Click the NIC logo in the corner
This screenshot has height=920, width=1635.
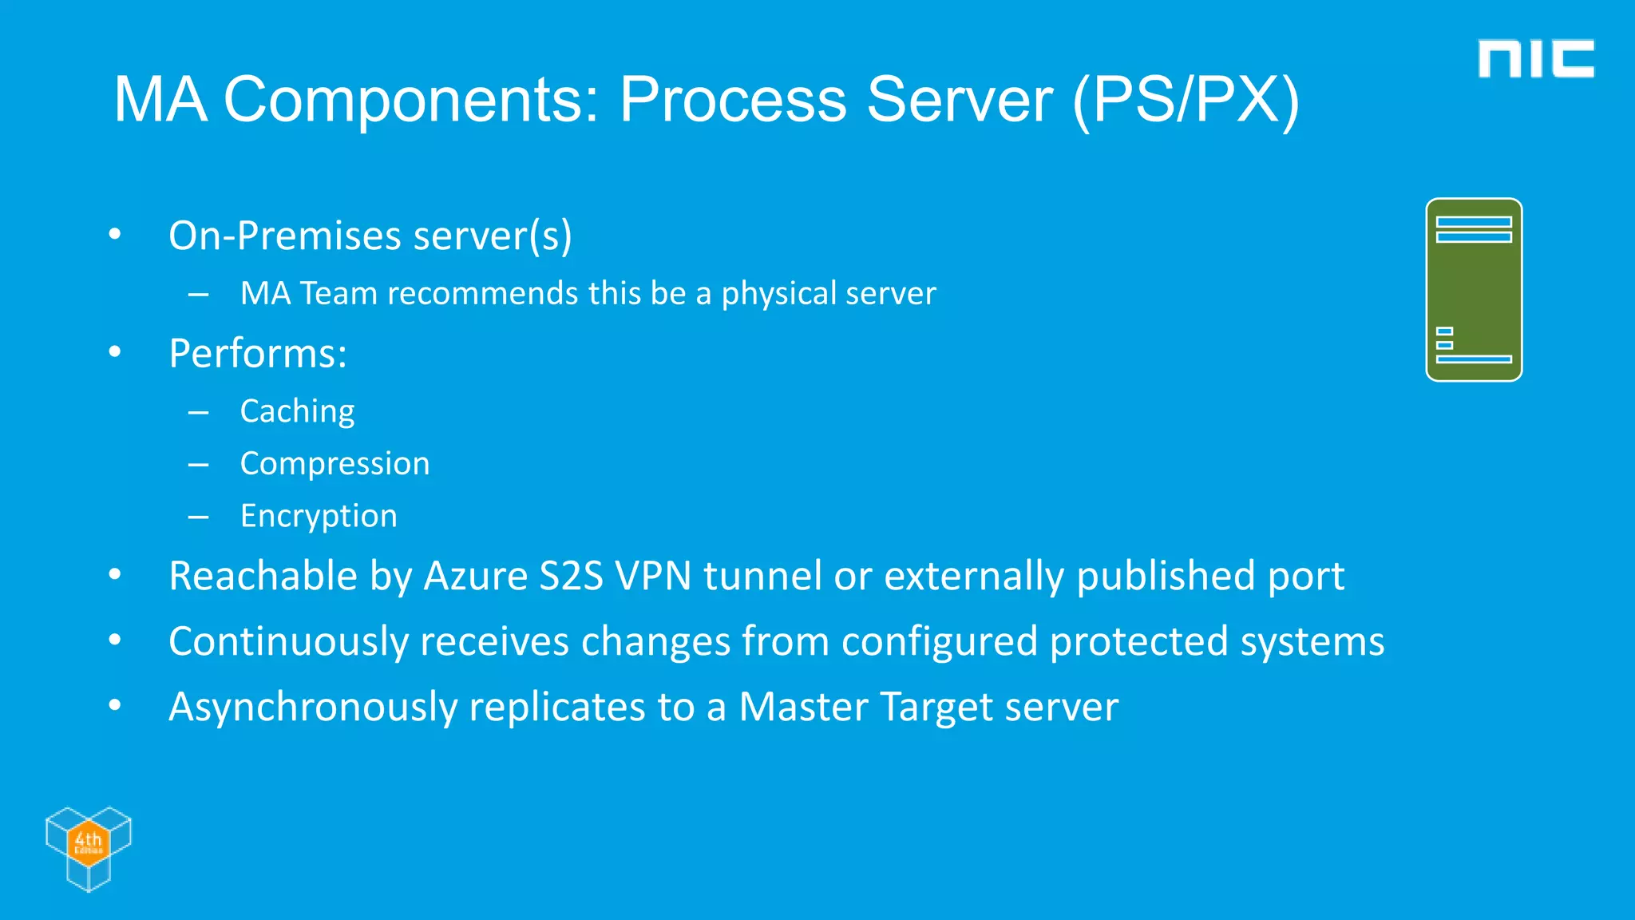[x=1535, y=58]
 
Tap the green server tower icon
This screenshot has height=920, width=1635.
[x=1474, y=290]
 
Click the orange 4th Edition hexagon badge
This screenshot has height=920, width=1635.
[x=88, y=842]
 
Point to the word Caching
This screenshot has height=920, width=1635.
[x=297, y=411]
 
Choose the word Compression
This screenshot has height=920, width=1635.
[x=335, y=464]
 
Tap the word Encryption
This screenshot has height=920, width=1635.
[x=319, y=516]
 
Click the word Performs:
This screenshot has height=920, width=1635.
[x=258, y=354]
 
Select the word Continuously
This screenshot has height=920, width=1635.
[x=288, y=642]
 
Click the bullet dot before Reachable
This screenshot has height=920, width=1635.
[x=115, y=574]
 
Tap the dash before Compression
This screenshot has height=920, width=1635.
[x=198, y=465]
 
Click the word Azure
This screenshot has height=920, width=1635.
[x=475, y=576]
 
